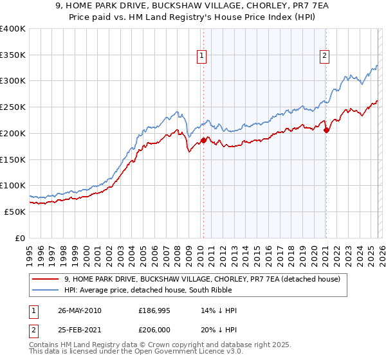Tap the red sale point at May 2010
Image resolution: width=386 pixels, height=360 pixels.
[203, 139]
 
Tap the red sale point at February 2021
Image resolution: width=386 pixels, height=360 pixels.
[326, 130]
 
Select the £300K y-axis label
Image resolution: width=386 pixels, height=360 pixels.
[14, 81]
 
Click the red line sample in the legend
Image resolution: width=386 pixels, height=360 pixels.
[46, 279]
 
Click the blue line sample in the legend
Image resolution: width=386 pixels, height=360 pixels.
[46, 290]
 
